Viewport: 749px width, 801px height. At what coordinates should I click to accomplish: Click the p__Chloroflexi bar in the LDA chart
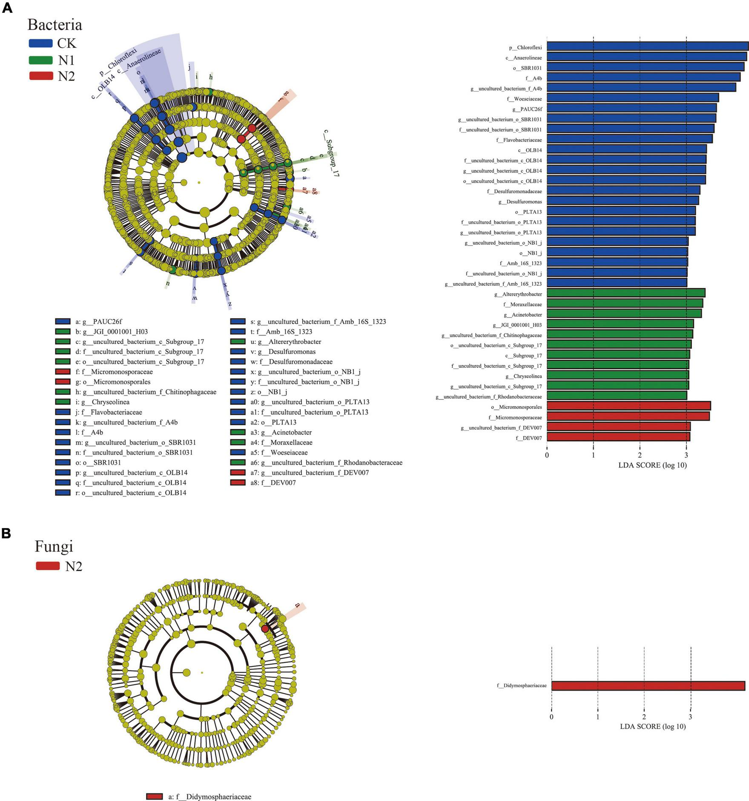tap(647, 46)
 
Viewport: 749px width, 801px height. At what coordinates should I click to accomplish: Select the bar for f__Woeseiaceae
tap(632, 98)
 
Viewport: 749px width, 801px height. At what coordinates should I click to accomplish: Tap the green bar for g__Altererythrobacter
tap(626, 293)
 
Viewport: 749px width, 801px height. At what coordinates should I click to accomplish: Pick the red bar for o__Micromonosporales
tap(628, 406)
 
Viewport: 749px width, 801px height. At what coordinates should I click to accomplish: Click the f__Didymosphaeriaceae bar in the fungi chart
tap(648, 686)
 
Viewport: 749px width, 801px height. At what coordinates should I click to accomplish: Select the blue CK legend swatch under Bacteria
tap(40, 43)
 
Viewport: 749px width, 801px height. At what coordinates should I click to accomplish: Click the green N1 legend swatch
tap(40, 60)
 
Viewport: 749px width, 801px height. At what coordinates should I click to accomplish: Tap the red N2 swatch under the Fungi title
tap(48, 566)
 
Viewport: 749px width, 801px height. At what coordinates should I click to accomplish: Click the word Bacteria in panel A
tap(55, 25)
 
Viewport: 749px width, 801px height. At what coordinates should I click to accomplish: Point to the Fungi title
tap(54, 546)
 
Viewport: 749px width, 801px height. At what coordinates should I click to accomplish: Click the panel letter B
tap(6, 533)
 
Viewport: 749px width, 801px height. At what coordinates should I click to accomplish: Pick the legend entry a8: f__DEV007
tap(273, 482)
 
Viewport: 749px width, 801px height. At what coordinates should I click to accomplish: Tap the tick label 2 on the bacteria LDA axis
tap(640, 455)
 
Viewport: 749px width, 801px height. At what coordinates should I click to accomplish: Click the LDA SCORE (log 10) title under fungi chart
tap(652, 726)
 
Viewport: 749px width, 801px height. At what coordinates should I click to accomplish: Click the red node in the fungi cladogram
tap(265, 629)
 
